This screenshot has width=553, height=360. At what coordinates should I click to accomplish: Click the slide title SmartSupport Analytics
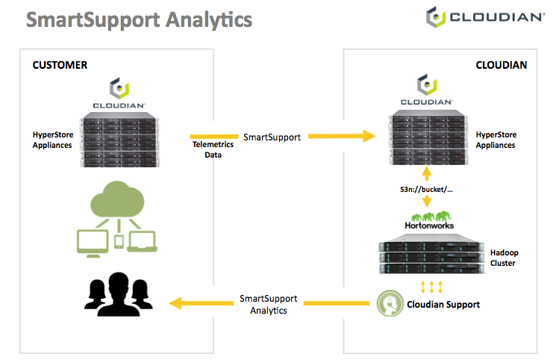click(139, 19)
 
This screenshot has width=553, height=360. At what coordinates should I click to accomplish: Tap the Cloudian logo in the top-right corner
click(485, 17)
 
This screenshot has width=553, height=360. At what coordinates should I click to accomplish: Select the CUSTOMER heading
click(60, 65)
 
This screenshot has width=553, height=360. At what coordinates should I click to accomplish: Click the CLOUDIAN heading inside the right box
click(502, 65)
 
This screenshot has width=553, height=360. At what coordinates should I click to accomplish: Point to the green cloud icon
click(117, 199)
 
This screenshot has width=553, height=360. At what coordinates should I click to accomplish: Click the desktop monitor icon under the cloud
click(93, 243)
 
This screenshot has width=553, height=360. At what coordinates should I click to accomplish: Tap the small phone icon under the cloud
click(119, 242)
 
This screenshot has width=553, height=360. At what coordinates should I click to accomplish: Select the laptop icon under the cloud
click(142, 241)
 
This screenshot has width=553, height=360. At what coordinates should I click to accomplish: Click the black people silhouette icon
click(119, 294)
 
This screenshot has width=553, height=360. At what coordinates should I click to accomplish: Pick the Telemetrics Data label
click(213, 149)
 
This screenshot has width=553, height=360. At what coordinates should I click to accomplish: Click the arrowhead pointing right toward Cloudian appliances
click(369, 136)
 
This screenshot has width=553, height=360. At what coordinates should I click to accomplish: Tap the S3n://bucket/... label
click(426, 190)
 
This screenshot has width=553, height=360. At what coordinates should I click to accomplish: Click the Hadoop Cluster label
click(504, 258)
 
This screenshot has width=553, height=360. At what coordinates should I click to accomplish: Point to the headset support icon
click(390, 303)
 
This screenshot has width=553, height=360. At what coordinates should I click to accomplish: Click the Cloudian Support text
click(443, 304)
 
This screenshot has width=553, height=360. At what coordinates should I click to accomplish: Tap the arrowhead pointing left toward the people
click(175, 303)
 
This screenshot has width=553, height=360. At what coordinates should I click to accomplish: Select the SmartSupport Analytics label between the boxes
click(269, 304)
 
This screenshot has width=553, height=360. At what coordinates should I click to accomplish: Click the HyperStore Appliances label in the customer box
click(53, 140)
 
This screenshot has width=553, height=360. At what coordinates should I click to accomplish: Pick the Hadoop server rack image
click(431, 254)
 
